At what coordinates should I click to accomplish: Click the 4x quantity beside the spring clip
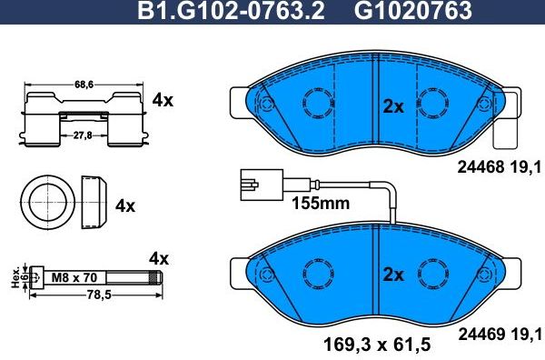tap(163, 100)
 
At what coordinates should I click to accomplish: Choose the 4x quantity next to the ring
tap(125, 205)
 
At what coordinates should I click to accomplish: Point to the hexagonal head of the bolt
tap(34, 276)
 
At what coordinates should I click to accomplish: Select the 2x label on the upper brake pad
tap(392, 106)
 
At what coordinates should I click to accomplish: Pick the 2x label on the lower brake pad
tap(391, 274)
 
